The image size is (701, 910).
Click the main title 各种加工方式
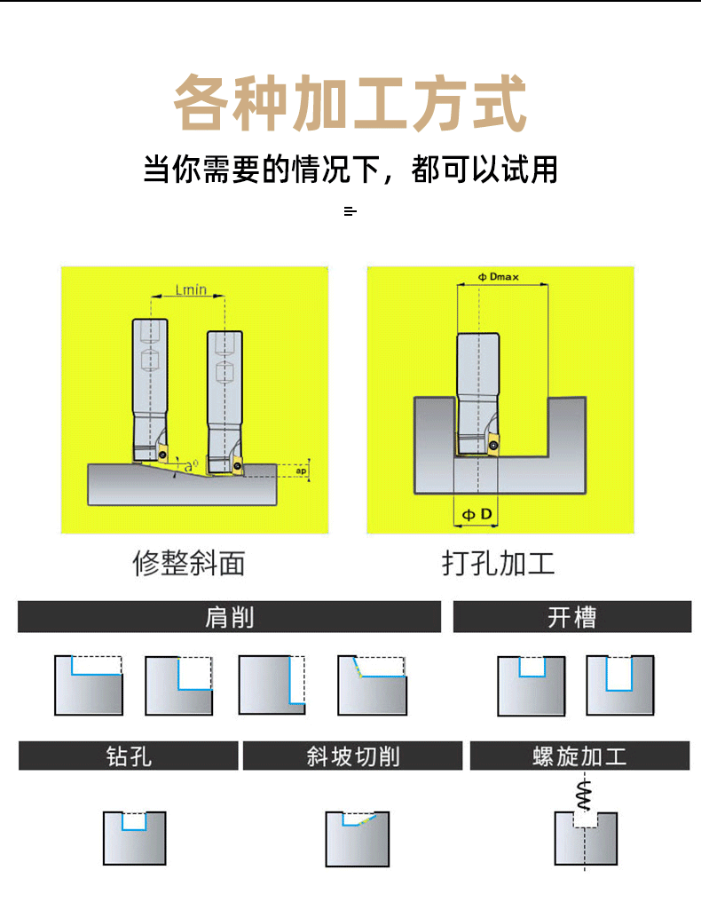point(350,104)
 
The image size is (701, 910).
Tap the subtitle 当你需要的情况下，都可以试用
point(350,168)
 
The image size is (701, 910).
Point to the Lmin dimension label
point(191,289)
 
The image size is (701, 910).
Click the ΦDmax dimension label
point(499,276)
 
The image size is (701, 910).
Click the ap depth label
point(302,471)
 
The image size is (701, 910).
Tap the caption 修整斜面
point(188,563)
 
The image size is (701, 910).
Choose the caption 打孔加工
point(499,563)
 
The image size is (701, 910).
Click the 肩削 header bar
point(229,617)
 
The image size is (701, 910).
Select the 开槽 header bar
point(571,617)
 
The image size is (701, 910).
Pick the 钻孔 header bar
point(129,756)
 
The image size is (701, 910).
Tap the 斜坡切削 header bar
point(352,756)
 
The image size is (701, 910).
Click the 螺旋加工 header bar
point(579,756)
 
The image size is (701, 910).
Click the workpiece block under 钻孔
point(134,839)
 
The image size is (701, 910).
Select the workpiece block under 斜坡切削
point(357,841)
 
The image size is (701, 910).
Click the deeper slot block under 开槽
point(619,685)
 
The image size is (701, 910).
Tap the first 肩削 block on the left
point(89,685)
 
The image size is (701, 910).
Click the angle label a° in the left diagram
point(191,464)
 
